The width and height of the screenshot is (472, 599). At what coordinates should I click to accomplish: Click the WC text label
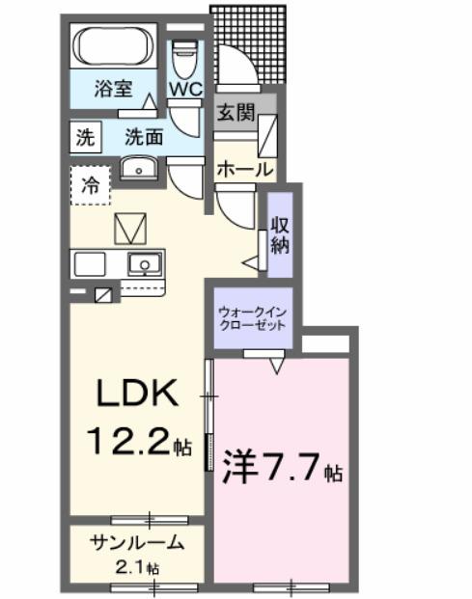185,88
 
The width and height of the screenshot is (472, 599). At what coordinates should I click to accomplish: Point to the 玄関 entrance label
236,111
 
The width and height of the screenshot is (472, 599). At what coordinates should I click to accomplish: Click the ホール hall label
242,169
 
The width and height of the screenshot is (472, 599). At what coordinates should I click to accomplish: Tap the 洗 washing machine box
84,137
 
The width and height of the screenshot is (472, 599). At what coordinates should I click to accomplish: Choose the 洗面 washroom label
145,137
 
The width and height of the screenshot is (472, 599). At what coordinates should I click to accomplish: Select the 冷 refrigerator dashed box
89,185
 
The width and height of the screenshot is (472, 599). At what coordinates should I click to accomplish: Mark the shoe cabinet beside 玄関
268,130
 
